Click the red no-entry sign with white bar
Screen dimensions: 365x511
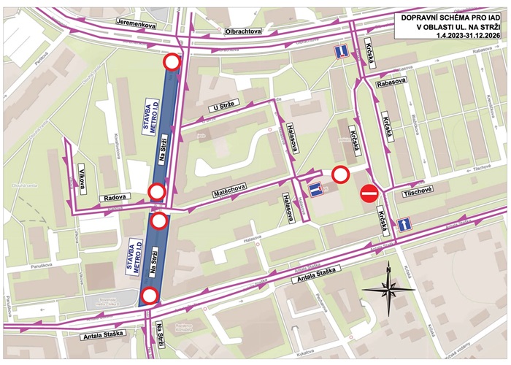coord(369,193)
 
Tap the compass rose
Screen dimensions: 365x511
coord(389,288)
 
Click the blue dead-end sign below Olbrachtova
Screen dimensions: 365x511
coord(340,52)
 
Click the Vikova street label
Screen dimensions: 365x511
coord(82,180)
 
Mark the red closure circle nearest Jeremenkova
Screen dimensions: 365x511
coord(172,63)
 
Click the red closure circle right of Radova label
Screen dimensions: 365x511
coord(156,192)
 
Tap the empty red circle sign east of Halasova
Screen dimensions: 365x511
coord(340,174)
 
